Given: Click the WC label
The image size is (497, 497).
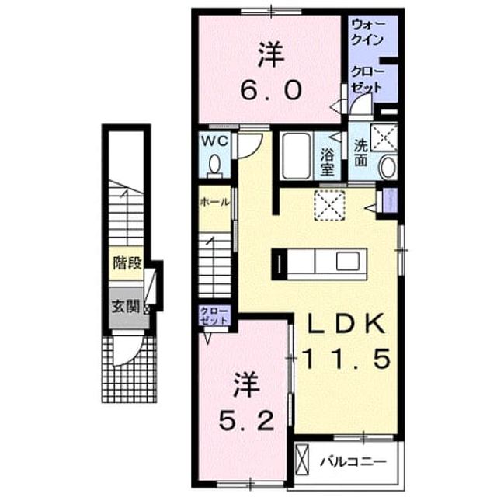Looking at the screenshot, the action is pos(215,141).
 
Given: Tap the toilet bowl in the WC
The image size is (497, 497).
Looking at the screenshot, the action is pos(215,165).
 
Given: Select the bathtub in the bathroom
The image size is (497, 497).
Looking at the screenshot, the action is pos(297,156).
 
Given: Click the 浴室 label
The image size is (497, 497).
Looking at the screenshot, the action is pos(327,162).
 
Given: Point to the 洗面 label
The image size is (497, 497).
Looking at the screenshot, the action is pos(361,153).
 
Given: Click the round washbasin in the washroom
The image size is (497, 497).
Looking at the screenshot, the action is pos(388,168).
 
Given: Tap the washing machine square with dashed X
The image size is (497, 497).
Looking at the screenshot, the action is pos(384,137).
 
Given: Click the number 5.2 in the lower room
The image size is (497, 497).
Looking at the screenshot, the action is pos(246,421).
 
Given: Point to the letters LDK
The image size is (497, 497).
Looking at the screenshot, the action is pos(346,324).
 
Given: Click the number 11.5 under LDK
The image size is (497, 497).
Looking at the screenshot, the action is pos(346,358).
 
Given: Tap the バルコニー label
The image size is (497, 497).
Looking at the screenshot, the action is pos(353,461).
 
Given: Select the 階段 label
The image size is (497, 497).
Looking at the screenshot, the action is pos(127,263).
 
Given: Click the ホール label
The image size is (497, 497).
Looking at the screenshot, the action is pos(214,202).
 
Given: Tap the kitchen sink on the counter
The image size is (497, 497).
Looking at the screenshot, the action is pos(347,261).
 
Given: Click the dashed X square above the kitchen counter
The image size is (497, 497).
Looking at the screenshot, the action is pos(329,205).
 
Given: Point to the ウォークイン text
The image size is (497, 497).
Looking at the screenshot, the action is pos(368,33).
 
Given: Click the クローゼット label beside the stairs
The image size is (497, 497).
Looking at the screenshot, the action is pos(214,316).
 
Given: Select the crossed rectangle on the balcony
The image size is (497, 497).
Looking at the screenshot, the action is pos(301,460).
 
